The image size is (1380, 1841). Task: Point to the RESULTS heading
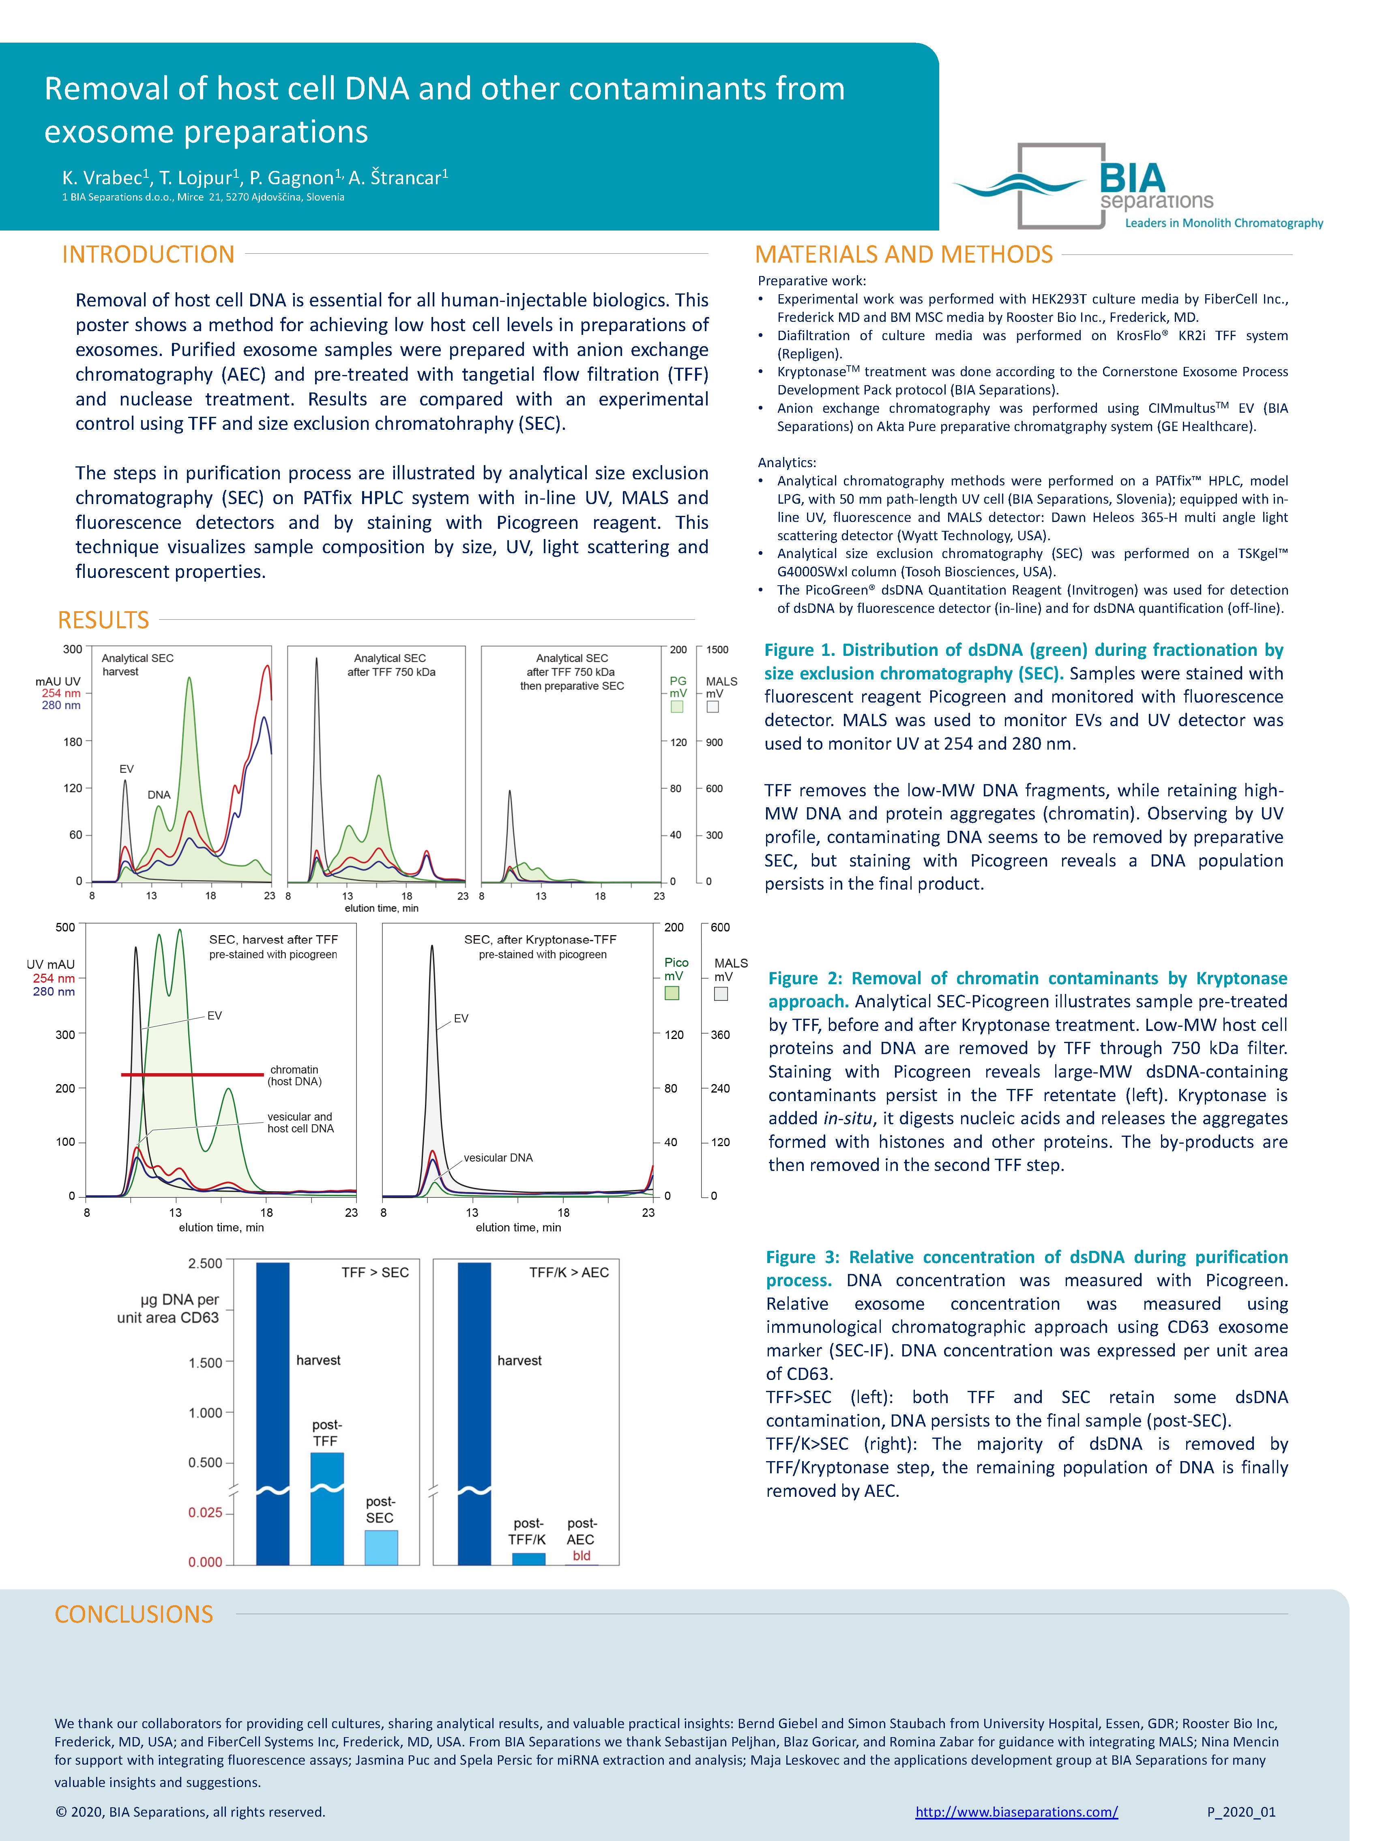tap(103, 620)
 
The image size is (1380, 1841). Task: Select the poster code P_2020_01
tap(1240, 1812)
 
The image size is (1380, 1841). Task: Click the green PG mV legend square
tap(677, 707)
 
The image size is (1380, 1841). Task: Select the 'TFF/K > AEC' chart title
tap(569, 1272)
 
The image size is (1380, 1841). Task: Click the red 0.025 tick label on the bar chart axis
tap(205, 1512)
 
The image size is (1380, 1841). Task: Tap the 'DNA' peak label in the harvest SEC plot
tap(159, 795)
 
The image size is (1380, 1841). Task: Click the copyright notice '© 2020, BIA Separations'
tap(190, 1812)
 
